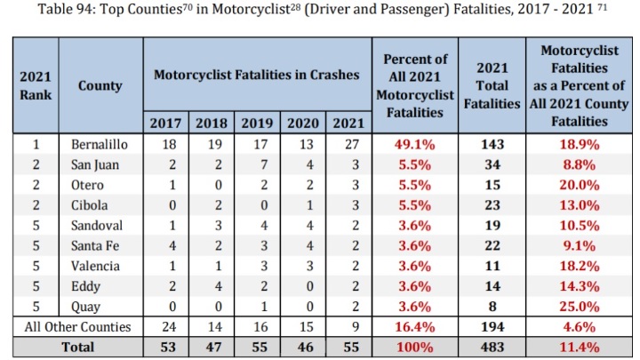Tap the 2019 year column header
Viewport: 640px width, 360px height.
pos(255,122)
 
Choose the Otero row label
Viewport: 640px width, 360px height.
pos(86,184)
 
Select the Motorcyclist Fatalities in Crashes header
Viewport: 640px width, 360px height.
pos(257,75)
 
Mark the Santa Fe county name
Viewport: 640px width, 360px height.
pos(92,245)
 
